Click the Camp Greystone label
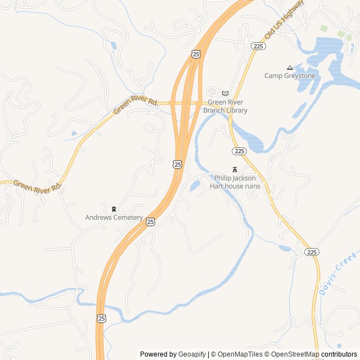pos(290,75)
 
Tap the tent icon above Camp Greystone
pos(290,67)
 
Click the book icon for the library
pos(225,93)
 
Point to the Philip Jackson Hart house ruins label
pos(235,182)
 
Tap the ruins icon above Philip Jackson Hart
pos(235,169)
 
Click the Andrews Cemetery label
pos(114,217)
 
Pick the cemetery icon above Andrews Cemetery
pos(114,209)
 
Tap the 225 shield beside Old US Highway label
pos(258,46)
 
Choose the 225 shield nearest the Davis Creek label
pos(312,252)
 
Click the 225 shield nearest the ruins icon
pos(239,151)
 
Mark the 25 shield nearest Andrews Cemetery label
pos(151,222)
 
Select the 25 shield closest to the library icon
pos(195,54)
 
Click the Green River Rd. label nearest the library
pos(136,105)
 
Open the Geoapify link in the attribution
pos(192,354)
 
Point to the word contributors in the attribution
pos(339,354)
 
